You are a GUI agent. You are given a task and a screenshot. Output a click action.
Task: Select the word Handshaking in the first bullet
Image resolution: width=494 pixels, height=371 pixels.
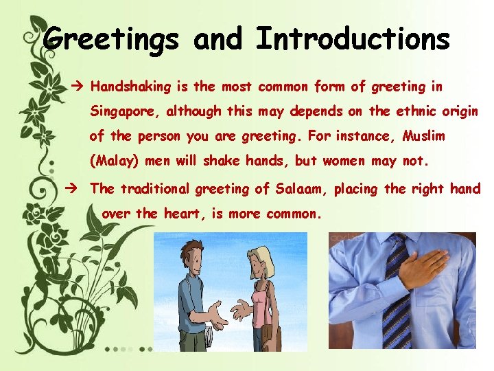(x=130, y=87)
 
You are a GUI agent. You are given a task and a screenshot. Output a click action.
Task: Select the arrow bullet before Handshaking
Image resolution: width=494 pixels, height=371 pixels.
(x=78, y=87)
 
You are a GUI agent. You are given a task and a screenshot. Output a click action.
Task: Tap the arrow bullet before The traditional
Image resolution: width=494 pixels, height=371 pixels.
(x=78, y=188)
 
